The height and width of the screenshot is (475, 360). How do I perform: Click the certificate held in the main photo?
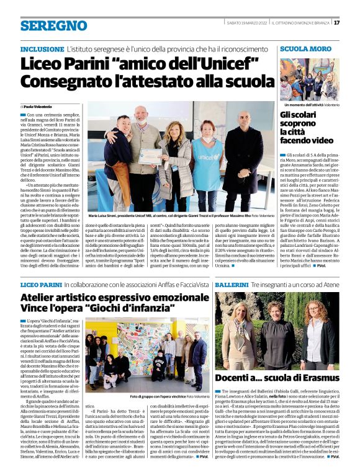click(x=150, y=156)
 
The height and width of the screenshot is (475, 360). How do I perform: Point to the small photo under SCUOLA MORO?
click(x=309, y=79)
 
